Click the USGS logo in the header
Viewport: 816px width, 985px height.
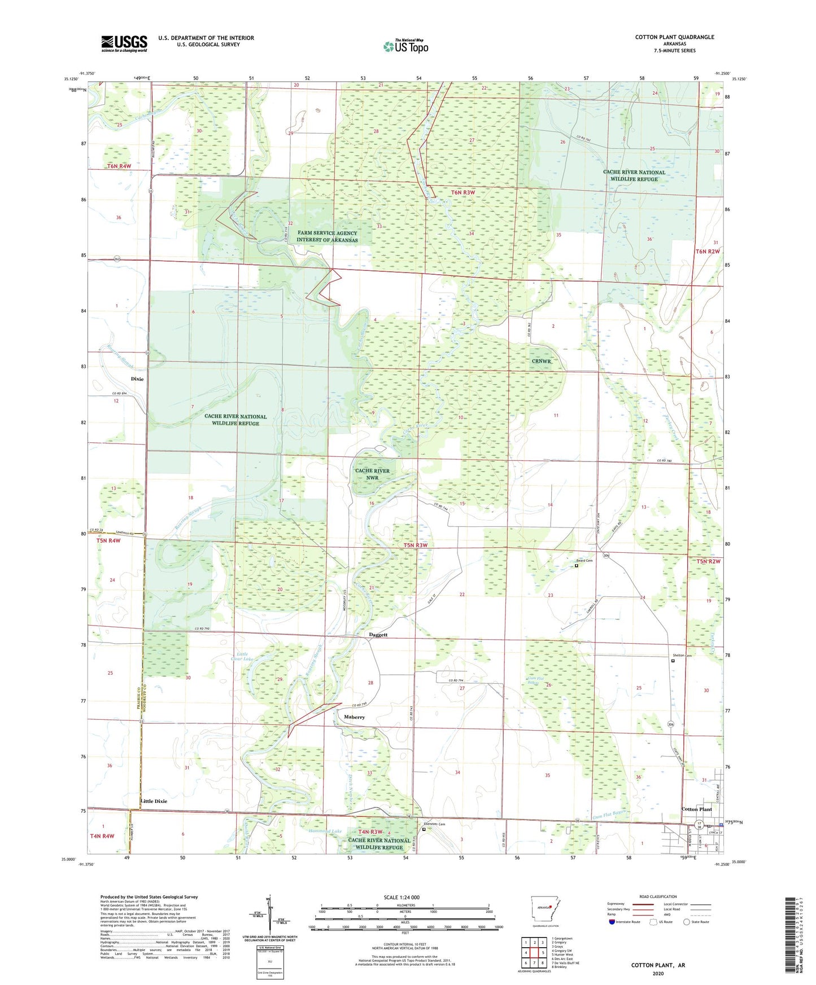[124, 43]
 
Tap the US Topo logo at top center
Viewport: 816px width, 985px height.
[405, 46]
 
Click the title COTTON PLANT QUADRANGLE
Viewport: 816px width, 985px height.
[674, 37]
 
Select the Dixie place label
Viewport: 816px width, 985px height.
[137, 379]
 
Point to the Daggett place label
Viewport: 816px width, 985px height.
[378, 635]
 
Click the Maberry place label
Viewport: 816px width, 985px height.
[354, 717]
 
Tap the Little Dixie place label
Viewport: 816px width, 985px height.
[154, 801]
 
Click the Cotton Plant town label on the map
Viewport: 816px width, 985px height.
[696, 809]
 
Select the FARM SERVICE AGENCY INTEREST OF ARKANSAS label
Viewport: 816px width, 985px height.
[327, 236]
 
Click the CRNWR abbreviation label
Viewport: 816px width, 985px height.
[540, 361]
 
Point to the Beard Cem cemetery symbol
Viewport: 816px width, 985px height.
[577, 565]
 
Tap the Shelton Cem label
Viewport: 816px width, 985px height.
[682, 656]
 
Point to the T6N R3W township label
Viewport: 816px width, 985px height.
[463, 192]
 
